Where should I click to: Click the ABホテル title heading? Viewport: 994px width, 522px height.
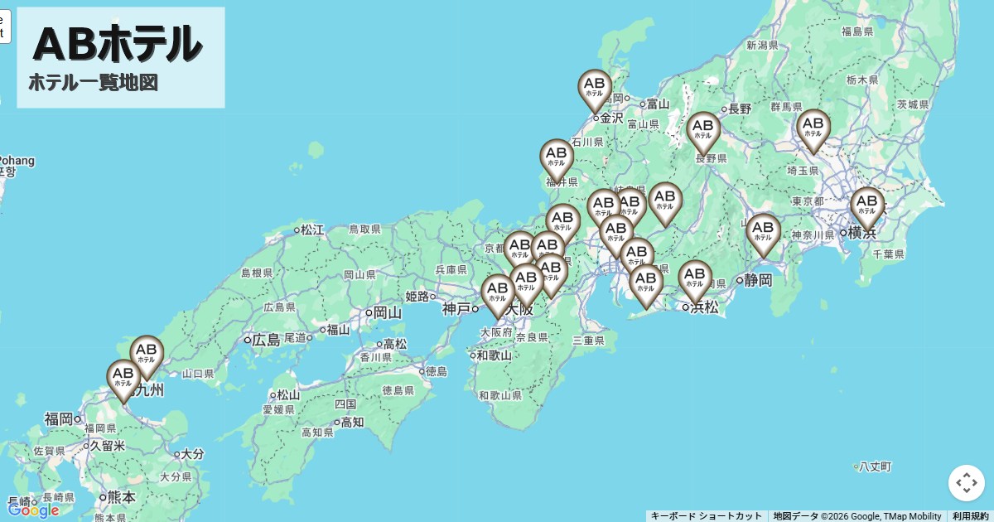pyautogui.click(x=118, y=43)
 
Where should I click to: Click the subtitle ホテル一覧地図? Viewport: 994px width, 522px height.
pyautogui.click(x=93, y=83)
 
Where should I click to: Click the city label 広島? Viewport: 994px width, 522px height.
pyautogui.click(x=266, y=340)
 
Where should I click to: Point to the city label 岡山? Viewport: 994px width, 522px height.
pyautogui.click(x=387, y=312)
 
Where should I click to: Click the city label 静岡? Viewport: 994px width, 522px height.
pyautogui.click(x=757, y=280)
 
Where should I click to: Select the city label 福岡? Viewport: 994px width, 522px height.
pyautogui.click(x=59, y=418)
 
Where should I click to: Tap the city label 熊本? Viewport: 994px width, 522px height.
pyautogui.click(x=121, y=497)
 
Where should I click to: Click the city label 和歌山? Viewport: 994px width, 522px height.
pyautogui.click(x=495, y=355)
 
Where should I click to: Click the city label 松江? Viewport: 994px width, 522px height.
pyautogui.click(x=312, y=230)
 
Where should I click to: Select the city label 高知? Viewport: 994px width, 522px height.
pyautogui.click(x=352, y=422)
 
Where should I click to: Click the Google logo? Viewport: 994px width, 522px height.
pyautogui.click(x=33, y=510)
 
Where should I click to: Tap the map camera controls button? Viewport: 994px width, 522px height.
pyautogui.click(x=967, y=483)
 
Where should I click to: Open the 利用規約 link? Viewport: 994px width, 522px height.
pyautogui.click(x=970, y=516)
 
